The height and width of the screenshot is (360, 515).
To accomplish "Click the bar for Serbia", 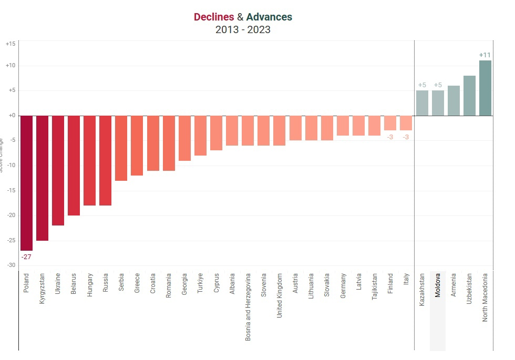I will coord(121,148).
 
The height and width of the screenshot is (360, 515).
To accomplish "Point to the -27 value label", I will coord(26,256).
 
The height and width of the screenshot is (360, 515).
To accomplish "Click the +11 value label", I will coord(485,55).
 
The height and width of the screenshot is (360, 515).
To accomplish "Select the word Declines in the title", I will coord(214,17).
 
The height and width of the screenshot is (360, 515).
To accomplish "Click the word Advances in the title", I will coord(269,17).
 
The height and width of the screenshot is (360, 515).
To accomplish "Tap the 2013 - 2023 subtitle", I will coord(243,30).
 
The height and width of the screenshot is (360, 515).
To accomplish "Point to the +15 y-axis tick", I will coord(11,44).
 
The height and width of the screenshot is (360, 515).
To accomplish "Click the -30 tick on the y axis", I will coord(11,265).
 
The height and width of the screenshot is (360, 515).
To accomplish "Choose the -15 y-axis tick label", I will coord(11,190).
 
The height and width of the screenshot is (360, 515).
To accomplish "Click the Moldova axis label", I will coord(438,285).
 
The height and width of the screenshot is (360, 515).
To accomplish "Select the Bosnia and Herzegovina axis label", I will coord(248,306).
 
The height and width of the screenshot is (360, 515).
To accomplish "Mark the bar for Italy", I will coord(406,123).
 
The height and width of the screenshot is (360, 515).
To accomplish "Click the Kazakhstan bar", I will coord(422,103).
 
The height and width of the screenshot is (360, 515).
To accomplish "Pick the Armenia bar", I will coord(454,100).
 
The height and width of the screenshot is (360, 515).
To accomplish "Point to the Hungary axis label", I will coord(90,285).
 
